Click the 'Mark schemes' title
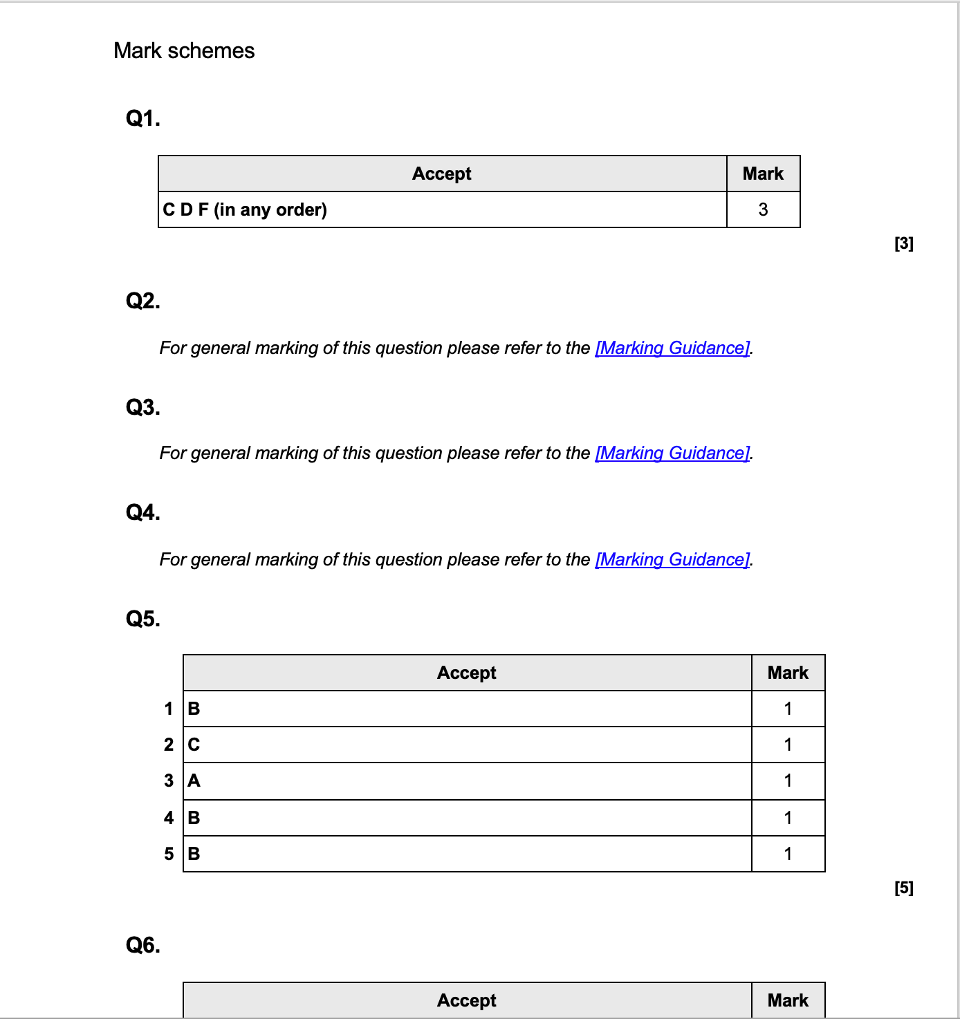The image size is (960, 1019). point(184,51)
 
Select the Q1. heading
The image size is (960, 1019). point(142,119)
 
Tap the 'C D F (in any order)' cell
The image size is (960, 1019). point(245,209)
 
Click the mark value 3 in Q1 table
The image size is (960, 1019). point(763,209)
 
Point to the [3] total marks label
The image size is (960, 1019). point(903,243)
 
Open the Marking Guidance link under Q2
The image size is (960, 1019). point(672,348)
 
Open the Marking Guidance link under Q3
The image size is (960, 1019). point(672,453)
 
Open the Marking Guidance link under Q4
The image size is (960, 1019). point(672,559)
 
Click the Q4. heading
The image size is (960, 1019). point(142,512)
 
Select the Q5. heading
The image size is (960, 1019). point(142,619)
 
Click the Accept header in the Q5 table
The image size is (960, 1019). point(466,673)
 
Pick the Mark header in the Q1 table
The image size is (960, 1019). point(763,174)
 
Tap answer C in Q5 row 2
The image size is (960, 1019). point(194,745)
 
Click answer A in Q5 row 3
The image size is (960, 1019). point(194,780)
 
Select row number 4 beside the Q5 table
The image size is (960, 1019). point(169,818)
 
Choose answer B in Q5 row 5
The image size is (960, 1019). point(194,854)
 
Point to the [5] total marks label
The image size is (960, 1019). point(903,888)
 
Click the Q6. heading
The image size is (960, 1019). point(142,945)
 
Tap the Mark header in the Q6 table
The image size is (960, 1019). point(788,1000)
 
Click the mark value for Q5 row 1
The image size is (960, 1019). point(788,709)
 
